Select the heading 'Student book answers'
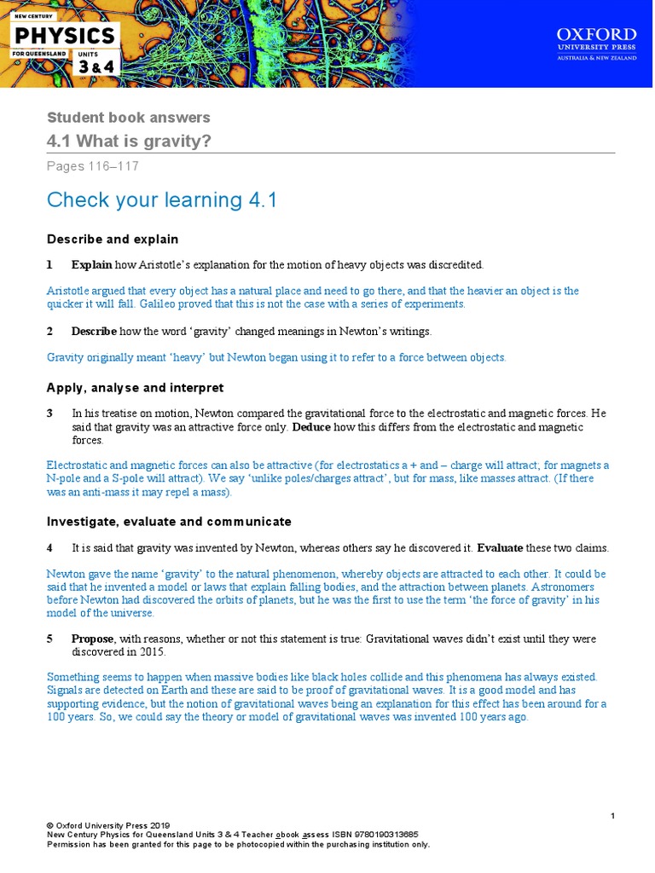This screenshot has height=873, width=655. click(x=128, y=118)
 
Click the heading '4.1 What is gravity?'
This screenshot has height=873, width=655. click(x=129, y=141)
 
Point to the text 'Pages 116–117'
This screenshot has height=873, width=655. click(x=92, y=166)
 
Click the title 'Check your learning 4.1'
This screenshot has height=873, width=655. click(x=162, y=199)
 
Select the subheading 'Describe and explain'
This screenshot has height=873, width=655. click(x=113, y=239)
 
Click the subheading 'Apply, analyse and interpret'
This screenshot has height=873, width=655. click(x=135, y=388)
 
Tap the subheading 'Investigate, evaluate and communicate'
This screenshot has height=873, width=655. click(x=169, y=521)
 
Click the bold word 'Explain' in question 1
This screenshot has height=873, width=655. click(x=91, y=265)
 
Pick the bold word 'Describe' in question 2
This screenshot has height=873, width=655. click(x=94, y=331)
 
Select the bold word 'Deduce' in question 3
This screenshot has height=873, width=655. click(x=311, y=427)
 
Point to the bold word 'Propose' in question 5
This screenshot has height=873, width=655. click(x=93, y=639)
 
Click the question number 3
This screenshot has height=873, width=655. click(x=50, y=413)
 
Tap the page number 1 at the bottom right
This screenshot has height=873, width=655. click(x=612, y=817)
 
